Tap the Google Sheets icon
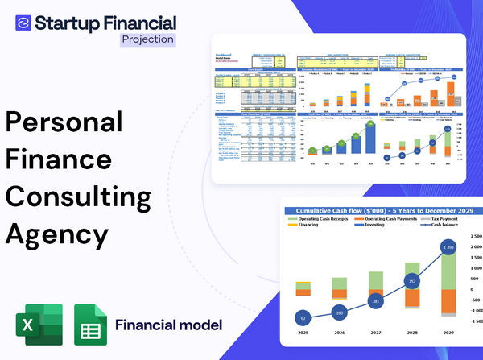90,325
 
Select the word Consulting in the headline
79,198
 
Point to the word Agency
56,234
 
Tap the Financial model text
169,325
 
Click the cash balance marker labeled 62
303,318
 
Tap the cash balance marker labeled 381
374,302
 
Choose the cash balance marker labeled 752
411,283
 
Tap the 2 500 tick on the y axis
473,237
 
